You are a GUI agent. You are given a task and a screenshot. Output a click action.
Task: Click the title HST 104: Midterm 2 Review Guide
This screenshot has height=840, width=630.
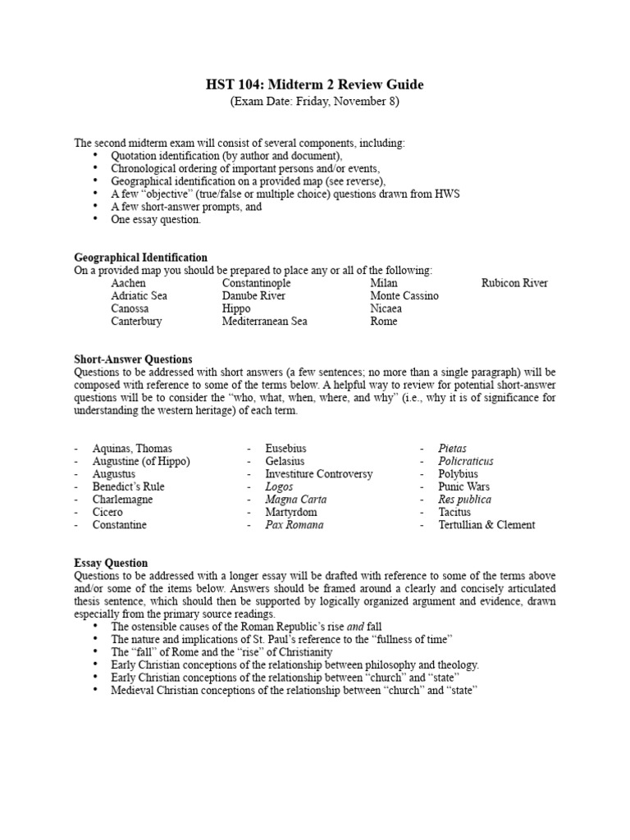pos(315,85)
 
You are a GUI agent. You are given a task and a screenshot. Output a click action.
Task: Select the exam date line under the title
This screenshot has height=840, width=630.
pos(315,101)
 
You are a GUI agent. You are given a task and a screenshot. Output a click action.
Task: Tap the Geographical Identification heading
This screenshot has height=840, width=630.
pos(140,258)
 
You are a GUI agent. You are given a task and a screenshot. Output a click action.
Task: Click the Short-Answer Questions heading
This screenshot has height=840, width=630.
pos(133,359)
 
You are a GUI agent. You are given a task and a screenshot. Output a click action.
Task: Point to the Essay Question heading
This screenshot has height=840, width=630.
pos(111,563)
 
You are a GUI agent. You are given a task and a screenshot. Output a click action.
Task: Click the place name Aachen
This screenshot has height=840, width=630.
pos(129,283)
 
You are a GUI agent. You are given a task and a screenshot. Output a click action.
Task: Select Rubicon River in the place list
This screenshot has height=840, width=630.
pos(514,283)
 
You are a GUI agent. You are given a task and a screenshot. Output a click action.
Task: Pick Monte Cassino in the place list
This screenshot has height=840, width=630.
pos(404,296)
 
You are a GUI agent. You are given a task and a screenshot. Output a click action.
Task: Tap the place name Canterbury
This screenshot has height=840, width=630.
pos(136,322)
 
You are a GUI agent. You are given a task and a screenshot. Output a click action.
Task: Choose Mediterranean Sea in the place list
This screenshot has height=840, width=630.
pos(264,322)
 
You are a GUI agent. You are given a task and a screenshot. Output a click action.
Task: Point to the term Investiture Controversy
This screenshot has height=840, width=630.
pos(318,474)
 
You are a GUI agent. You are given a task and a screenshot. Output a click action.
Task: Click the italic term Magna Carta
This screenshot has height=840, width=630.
pos(295,499)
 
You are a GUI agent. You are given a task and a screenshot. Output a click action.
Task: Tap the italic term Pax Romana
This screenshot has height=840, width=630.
pos(294,524)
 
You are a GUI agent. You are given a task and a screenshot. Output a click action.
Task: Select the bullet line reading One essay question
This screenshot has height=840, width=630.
pos(156,220)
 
